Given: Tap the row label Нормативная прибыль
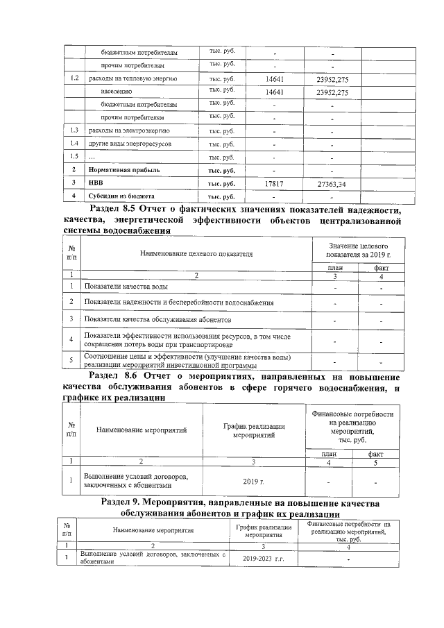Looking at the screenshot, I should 124,171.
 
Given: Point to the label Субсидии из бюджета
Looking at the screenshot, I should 120,196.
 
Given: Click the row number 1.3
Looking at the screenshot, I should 74,131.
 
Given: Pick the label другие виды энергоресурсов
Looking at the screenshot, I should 130,144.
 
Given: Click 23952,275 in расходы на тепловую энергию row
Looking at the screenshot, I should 332,78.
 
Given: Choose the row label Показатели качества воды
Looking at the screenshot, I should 126,287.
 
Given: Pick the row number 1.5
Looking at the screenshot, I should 74,158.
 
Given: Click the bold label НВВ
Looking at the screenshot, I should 96,184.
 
